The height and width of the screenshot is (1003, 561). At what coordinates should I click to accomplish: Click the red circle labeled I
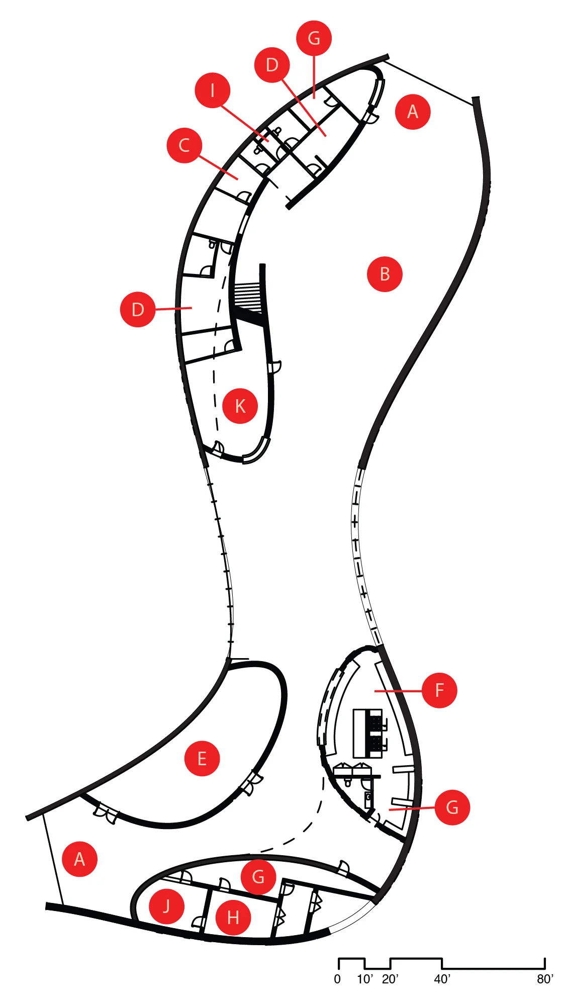tap(213, 90)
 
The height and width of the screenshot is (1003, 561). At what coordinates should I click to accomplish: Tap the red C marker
tap(184, 145)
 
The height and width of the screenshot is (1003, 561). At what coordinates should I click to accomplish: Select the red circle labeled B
tap(385, 274)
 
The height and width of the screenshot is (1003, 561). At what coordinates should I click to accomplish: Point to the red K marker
tap(240, 406)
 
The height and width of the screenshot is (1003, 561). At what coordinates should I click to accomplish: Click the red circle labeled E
tap(202, 759)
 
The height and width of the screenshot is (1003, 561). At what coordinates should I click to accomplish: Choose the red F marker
tap(439, 690)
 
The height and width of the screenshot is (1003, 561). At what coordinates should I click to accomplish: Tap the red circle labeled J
tap(166, 906)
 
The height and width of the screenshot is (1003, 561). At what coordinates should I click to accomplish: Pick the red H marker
tap(233, 918)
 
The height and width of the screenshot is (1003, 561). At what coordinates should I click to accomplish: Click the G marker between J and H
tap(258, 877)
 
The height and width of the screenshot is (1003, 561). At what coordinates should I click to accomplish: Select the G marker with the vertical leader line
tap(314, 38)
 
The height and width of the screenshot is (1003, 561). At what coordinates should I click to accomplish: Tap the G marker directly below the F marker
tap(452, 807)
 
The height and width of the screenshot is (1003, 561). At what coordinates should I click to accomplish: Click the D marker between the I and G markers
tap(272, 65)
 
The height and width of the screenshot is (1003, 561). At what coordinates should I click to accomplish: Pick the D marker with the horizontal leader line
tap(138, 310)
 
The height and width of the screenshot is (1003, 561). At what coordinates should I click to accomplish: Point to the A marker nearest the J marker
tap(79, 859)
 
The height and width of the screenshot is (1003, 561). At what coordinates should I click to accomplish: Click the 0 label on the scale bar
tap(337, 979)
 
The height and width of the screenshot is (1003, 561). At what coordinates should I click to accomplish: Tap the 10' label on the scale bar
tap(365, 979)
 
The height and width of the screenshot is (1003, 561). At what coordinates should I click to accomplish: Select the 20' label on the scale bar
tap(390, 979)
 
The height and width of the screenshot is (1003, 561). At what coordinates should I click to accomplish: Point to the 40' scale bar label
tap(442, 979)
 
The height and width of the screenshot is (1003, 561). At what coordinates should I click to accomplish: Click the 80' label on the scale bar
tap(545, 979)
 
